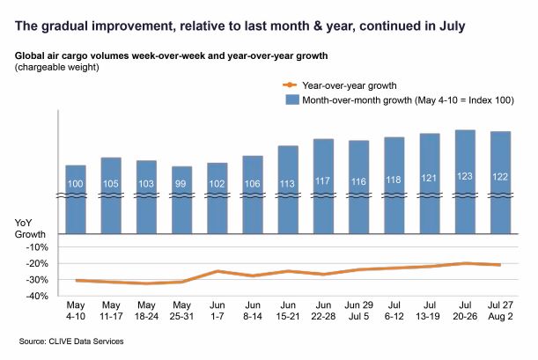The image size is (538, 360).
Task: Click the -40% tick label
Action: point(38,297)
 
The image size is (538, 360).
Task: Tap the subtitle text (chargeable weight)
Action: point(56,67)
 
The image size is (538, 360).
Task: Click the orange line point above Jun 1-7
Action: point(217,271)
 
